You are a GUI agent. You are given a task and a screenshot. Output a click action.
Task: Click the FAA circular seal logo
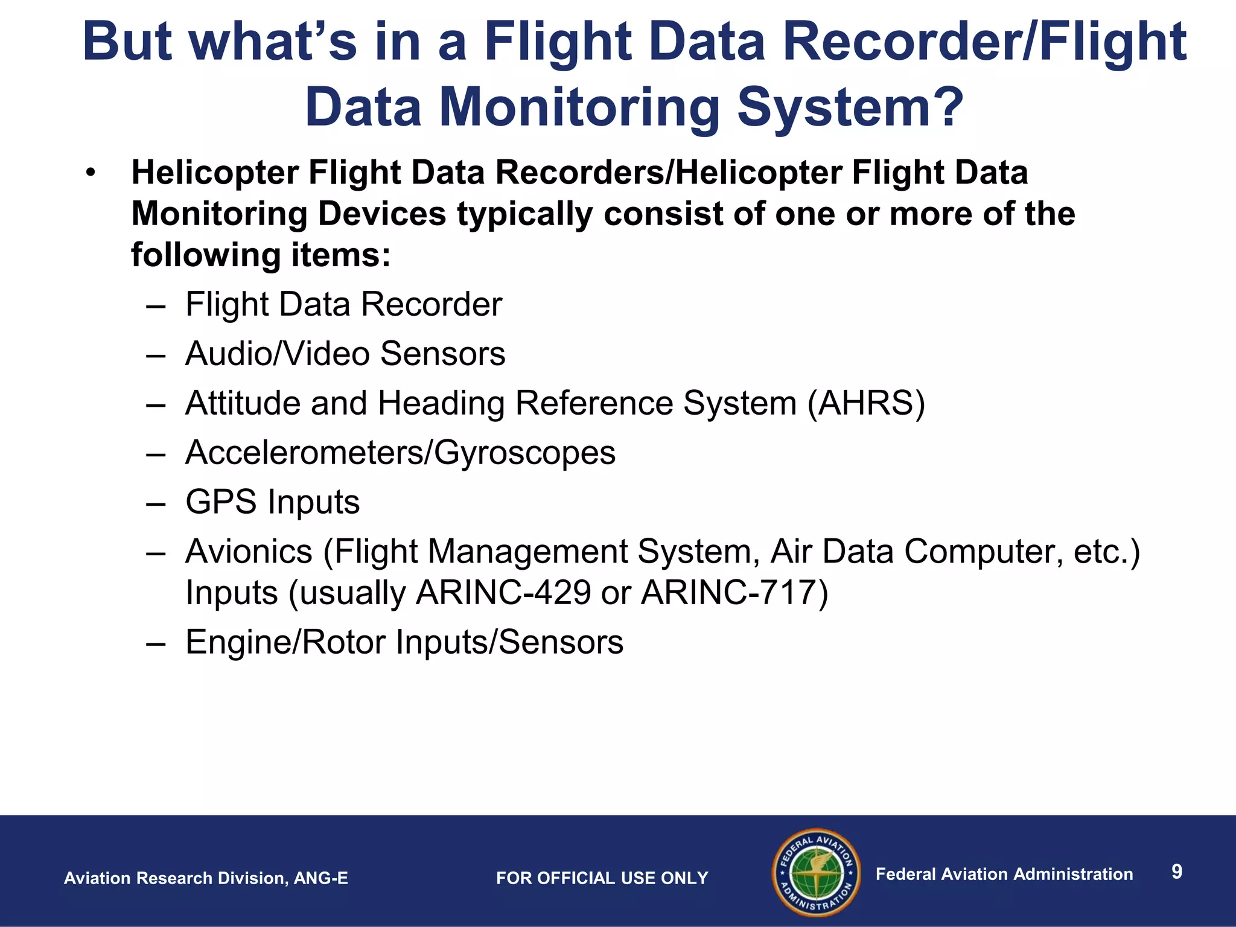[817, 872]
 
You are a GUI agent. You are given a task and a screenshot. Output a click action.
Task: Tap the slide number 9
[1176, 871]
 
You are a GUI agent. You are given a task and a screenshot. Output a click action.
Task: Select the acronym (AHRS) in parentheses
[866, 403]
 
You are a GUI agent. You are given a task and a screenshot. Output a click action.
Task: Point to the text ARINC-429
[503, 593]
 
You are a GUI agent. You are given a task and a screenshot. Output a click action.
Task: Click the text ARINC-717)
[734, 593]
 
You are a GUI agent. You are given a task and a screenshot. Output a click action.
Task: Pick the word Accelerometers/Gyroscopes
[400, 453]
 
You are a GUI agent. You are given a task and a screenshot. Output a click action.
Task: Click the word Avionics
[249, 552]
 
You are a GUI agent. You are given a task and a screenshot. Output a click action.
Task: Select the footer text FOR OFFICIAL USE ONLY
[602, 878]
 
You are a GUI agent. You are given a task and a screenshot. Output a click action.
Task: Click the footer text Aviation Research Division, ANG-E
[206, 878]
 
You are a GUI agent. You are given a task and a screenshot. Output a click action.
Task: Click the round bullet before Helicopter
[91, 174]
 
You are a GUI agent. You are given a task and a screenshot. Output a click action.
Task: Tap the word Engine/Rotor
[285, 642]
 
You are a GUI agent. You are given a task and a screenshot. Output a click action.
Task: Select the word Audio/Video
[278, 354]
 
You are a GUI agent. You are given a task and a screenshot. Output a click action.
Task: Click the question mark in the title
[941, 107]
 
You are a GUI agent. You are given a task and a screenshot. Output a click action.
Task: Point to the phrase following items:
[261, 255]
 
